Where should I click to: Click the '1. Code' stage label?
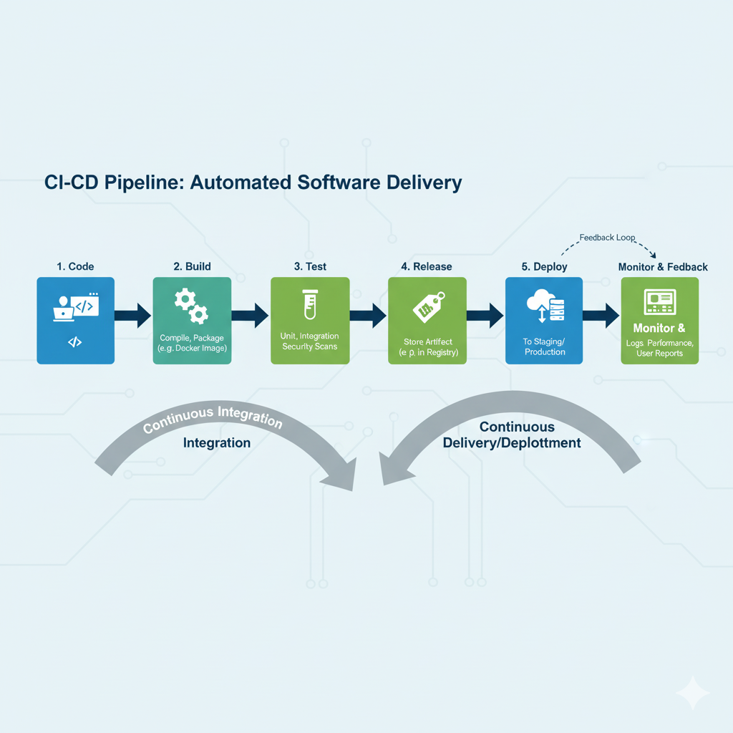pos(75,266)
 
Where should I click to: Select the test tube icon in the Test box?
pos(309,305)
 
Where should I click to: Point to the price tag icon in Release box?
pos(427,306)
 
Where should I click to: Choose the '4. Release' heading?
pos(427,266)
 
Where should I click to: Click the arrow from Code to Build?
pos(133,315)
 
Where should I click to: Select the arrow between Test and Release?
pos(368,315)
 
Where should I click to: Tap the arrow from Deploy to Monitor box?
pos(601,315)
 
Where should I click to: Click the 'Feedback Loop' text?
pos(607,238)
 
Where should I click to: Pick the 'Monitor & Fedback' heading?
pos(663,267)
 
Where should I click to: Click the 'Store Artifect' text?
pos(427,341)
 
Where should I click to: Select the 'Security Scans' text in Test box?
pos(309,346)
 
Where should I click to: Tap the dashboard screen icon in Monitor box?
pos(660,301)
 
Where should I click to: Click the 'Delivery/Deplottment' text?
pos(512,443)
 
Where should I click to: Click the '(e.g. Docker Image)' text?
pos(192,348)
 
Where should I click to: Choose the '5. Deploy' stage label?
pos(544,266)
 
